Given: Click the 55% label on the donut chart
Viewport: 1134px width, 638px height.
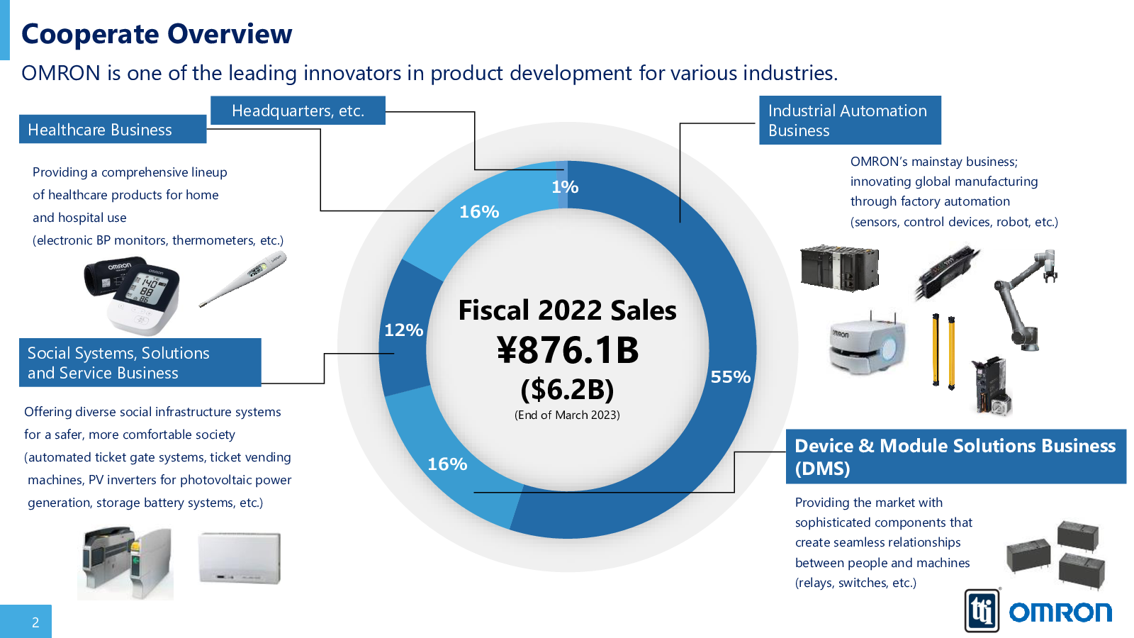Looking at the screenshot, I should tap(730, 377).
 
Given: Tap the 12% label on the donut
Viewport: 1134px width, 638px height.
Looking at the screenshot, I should tap(403, 330).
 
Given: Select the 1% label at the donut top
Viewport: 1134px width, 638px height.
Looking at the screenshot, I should tap(565, 187).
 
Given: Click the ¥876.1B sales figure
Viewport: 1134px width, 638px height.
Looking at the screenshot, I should tap(568, 350).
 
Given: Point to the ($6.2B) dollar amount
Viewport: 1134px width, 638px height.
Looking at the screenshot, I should tap(567, 389).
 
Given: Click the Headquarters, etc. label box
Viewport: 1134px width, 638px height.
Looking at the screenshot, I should tap(298, 111).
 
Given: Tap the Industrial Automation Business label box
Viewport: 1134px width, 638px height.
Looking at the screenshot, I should tap(849, 121).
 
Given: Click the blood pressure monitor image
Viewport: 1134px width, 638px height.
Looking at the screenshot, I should tap(133, 294).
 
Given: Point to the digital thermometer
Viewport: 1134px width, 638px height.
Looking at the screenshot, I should tap(243, 279).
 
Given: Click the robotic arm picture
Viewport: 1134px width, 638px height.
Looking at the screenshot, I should tap(1024, 298).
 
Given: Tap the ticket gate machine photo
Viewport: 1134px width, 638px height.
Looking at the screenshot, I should tap(125, 564).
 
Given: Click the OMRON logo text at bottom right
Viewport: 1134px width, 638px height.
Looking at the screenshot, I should tap(1060, 612).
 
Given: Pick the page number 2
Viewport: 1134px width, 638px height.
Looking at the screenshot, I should tap(35, 622).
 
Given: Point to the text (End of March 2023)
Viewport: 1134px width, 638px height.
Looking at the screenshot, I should tap(567, 415).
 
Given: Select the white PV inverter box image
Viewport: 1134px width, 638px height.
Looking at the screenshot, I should tap(240, 558).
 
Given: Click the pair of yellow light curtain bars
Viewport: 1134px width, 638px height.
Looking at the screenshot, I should tap(943, 351).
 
